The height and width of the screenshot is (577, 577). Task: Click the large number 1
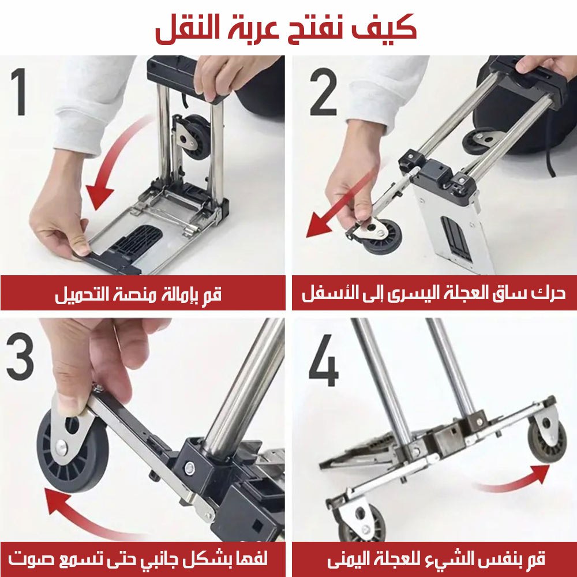click(x=19, y=92)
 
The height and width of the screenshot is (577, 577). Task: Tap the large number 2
click(x=324, y=92)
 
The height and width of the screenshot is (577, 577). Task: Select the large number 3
click(x=20, y=356)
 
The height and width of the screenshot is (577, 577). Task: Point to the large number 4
click(x=324, y=360)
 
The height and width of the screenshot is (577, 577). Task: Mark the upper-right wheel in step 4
click(x=547, y=443)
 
